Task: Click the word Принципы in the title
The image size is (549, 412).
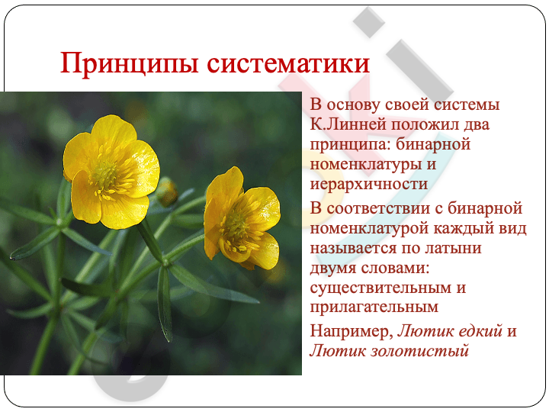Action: click(x=130, y=63)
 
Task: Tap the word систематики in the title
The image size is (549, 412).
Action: click(x=288, y=63)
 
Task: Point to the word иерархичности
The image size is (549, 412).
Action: click(x=369, y=184)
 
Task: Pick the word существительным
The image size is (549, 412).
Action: click(x=381, y=288)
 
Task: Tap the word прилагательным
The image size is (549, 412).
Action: click(x=374, y=307)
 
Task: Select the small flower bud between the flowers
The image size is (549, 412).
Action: click(x=167, y=192)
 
